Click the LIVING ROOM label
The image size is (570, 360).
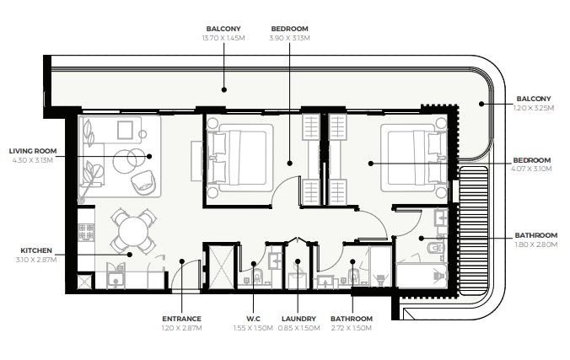coord(33,151)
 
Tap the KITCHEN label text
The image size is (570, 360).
coord(36,250)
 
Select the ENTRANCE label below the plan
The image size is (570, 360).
coord(181,319)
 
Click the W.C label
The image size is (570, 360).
coord(253,319)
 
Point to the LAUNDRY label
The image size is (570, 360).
coord(298,319)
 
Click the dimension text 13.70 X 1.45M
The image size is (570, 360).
coord(223,38)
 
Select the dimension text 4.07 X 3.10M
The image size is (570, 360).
coord(531,169)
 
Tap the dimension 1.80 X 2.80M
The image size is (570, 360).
coord(536,244)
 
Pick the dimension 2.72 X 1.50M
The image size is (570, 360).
coord(352,328)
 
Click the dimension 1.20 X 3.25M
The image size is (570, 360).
coord(534,108)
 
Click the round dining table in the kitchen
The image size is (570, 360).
coord(133,231)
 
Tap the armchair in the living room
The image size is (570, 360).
coord(143,183)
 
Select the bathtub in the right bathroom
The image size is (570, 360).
coord(422,276)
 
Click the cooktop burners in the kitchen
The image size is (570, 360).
coord(86,233)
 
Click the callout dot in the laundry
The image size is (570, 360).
coord(298,261)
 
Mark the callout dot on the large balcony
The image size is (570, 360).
coord(224,89)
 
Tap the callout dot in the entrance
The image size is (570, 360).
coord(182,261)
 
